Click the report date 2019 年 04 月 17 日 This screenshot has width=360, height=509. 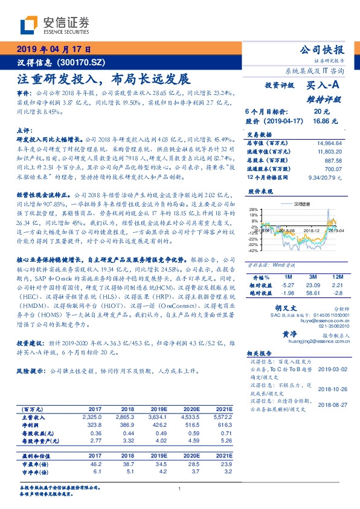54,50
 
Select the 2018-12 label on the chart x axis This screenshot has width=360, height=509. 312,230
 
